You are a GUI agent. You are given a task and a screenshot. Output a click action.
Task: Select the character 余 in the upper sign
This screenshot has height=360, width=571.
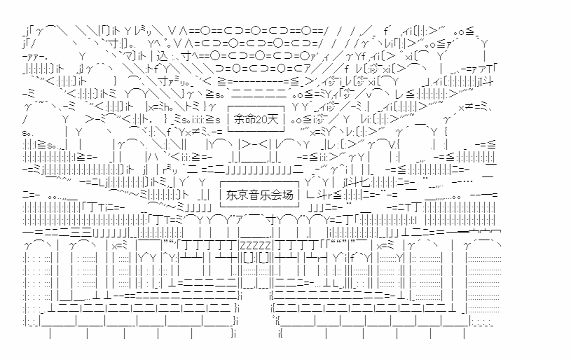click(x=239, y=121)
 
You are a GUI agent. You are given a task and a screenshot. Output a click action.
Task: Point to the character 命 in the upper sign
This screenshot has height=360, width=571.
click(x=248, y=121)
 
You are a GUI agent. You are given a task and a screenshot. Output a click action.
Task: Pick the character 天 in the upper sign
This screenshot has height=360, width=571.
click(x=275, y=121)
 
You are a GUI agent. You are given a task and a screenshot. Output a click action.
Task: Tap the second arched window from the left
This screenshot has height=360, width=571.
click(x=84, y=270)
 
